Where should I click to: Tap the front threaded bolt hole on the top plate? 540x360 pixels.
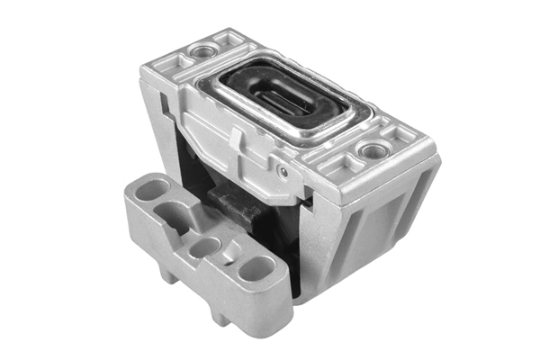pyautogui.click(x=369, y=149)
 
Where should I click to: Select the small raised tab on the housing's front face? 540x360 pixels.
pyautogui.click(x=235, y=135)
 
